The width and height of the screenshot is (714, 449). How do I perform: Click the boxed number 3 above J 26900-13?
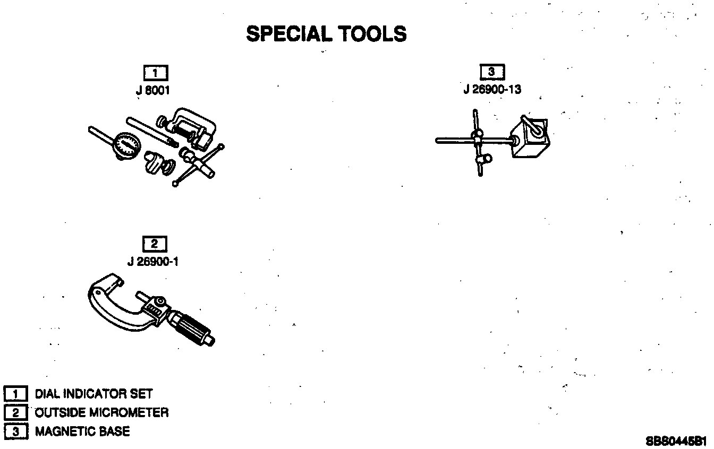tap(492, 72)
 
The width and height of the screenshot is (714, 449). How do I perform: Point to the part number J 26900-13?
tap(492, 89)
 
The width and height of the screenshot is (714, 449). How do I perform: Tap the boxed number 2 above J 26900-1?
tap(155, 244)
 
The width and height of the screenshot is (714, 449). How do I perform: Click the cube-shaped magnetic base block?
tap(530, 140)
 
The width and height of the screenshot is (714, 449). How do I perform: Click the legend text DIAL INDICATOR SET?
tap(93, 394)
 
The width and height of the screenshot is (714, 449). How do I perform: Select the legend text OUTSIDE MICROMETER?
tap(101, 412)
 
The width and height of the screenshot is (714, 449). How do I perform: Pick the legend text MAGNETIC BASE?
tap(82, 431)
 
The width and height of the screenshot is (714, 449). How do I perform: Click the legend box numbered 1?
tap(16, 394)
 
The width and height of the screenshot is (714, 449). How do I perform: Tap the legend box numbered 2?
tap(16, 412)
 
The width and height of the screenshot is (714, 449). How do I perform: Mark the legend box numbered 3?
tap(16, 431)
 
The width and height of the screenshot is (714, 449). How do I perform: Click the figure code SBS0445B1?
tap(676, 441)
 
